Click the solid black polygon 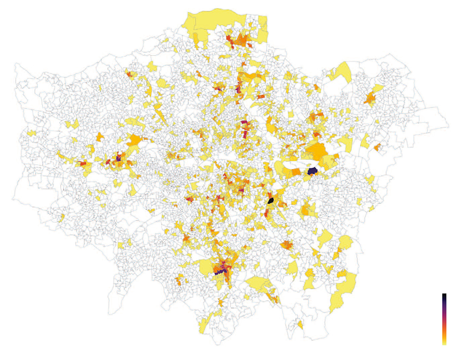coord(270,201)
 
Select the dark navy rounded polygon coord(312,171)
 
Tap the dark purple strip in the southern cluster coord(221,271)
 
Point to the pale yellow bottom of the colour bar coord(444,342)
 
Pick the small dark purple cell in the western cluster coord(118,158)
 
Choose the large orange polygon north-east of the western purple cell coord(134,140)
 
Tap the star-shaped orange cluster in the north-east coord(370,98)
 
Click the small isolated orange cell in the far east coord(377,147)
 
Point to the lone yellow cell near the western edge coord(32,133)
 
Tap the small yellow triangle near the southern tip coord(300,324)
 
